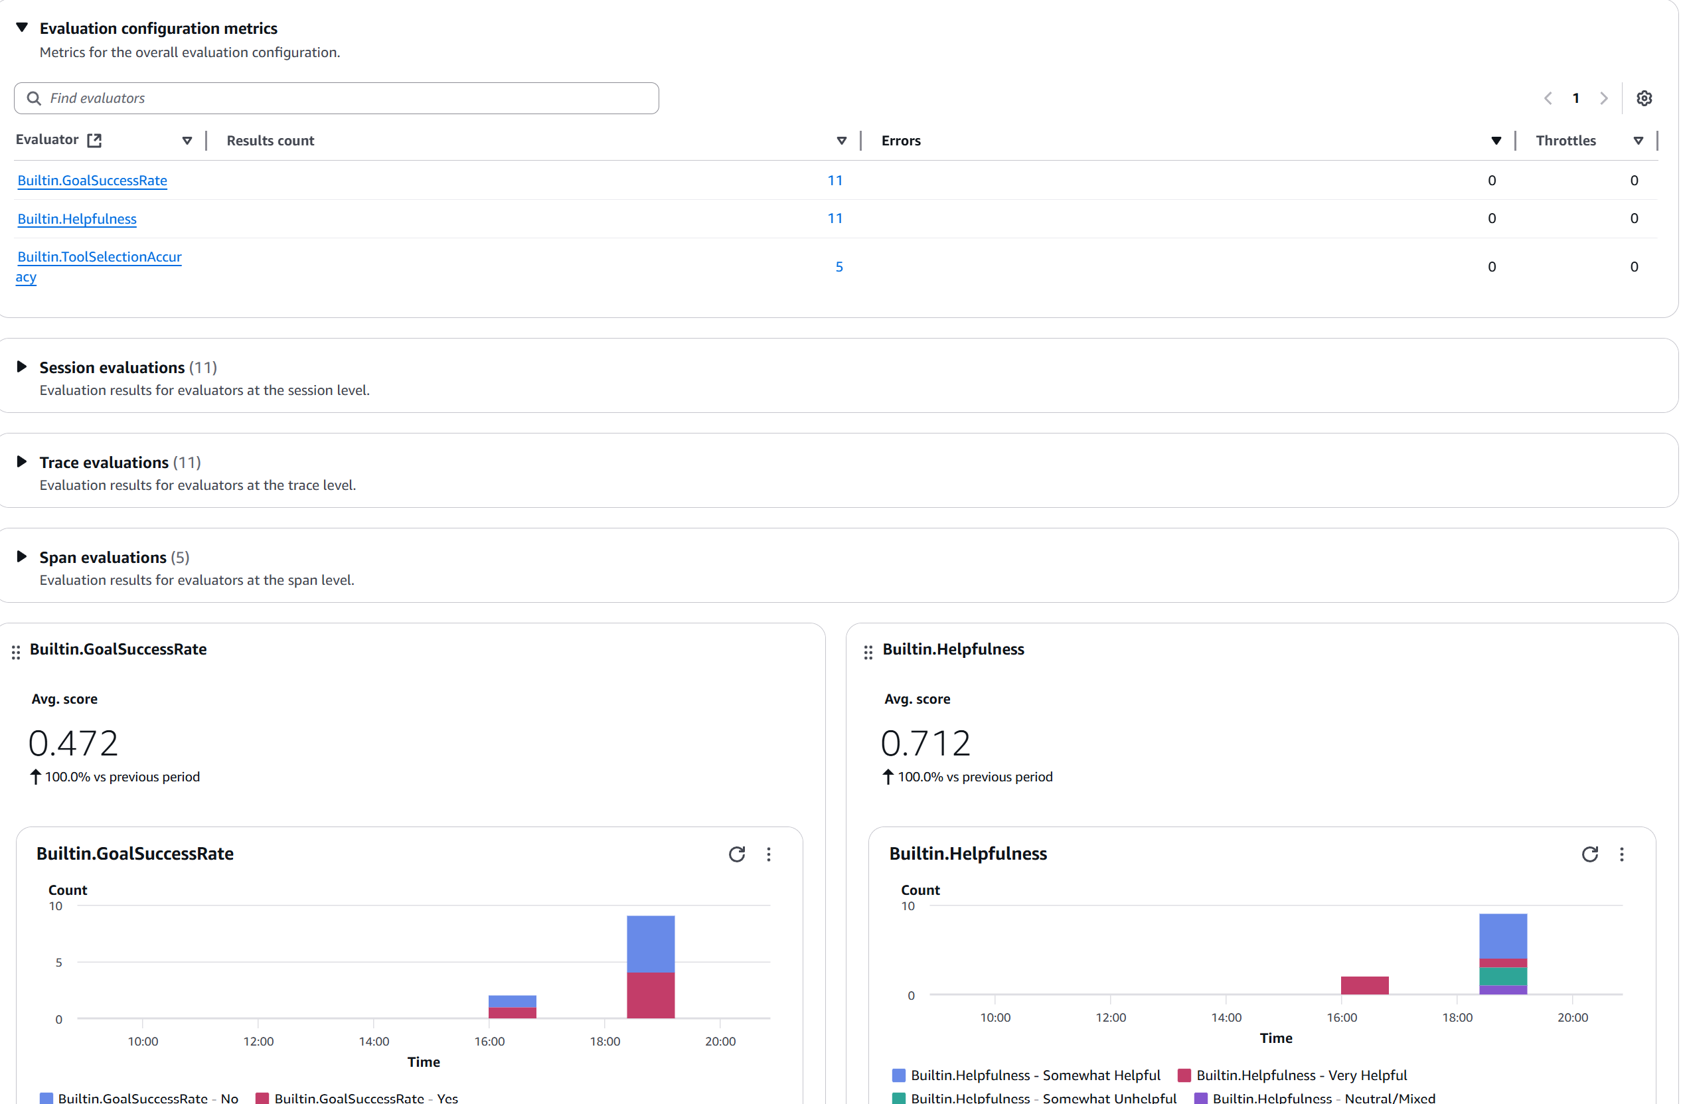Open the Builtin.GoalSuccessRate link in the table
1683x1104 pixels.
92,181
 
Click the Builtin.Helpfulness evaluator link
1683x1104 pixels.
76,218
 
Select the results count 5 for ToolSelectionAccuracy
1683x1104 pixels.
839,267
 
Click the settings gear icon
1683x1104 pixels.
1644,98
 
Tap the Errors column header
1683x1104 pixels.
901,141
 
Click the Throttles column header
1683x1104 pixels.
1565,141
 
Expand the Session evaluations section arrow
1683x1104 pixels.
22,366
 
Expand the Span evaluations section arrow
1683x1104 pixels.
22,556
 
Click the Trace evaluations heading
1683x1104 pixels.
104,463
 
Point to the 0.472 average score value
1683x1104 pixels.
74,743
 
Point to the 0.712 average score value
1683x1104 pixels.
925,743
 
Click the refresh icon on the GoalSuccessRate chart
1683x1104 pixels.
737,854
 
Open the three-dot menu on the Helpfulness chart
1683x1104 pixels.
1621,854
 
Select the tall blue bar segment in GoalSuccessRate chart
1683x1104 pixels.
651,943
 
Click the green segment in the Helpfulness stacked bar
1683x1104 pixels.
1502,976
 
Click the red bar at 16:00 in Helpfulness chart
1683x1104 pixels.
1364,985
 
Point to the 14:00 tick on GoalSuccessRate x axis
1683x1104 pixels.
373,1041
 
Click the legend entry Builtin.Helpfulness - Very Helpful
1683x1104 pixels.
1301,1075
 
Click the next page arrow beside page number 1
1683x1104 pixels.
1604,98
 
